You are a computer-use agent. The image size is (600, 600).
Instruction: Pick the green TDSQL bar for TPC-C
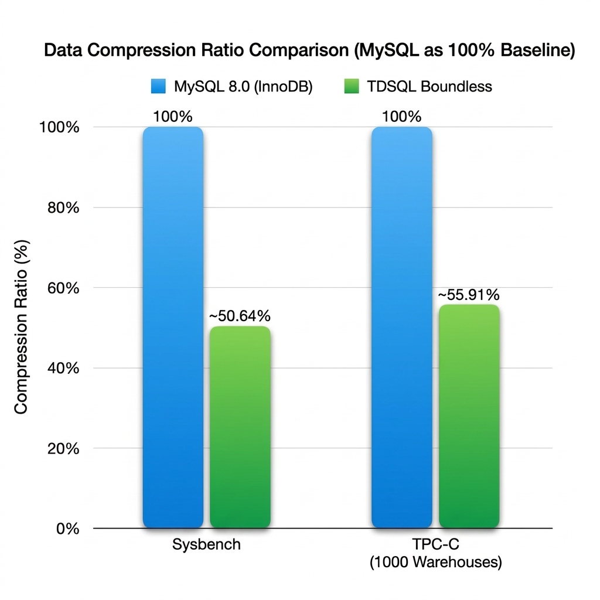click(x=469, y=416)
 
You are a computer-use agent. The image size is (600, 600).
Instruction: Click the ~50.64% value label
click(x=240, y=316)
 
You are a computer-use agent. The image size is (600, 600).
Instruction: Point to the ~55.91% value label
click(x=469, y=295)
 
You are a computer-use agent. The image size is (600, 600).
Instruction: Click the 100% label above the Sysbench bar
click(x=173, y=117)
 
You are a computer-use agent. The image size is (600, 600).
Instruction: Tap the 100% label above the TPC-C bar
click(x=402, y=117)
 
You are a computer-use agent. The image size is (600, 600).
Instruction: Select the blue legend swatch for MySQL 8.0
click(x=159, y=87)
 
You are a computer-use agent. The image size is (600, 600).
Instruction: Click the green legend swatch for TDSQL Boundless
click(x=350, y=87)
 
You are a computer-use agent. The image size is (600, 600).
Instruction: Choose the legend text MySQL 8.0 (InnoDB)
click(x=244, y=87)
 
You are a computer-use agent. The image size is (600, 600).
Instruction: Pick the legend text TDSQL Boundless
click(x=429, y=87)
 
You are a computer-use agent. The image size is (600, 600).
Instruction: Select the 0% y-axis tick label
click(x=68, y=529)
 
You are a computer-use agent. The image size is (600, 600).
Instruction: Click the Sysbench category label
click(x=207, y=544)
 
